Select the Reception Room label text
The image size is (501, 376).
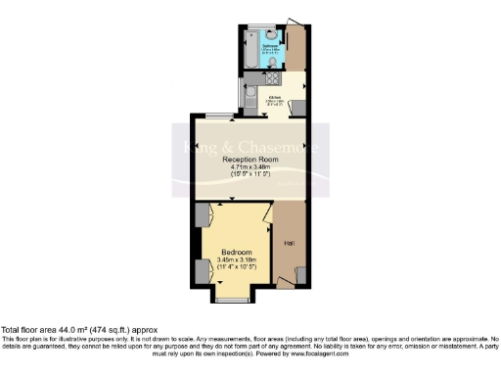(250, 159)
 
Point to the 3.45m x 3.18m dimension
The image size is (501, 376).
(235, 259)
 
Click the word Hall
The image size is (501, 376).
(290, 242)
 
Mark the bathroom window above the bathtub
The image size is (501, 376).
(256, 27)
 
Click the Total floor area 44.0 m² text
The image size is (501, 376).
(78, 331)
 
